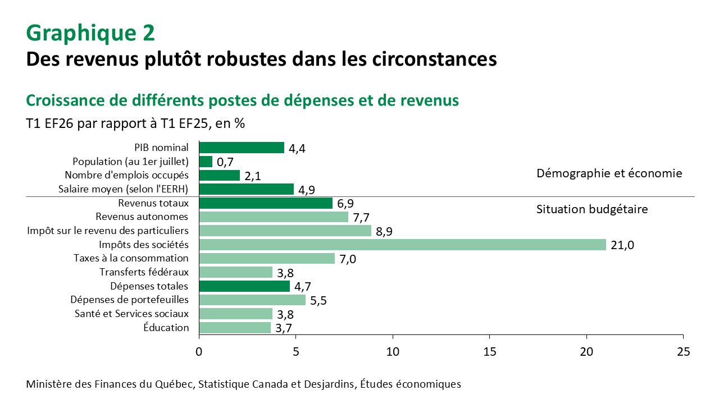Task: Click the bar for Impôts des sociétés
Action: click(402, 245)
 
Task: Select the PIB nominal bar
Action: click(242, 148)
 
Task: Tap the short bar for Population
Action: click(206, 162)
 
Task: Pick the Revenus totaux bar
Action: click(266, 203)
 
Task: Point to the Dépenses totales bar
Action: click(244, 286)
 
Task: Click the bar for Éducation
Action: click(235, 328)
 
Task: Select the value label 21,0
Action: click(623, 245)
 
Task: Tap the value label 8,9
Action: click(384, 231)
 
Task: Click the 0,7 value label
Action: click(225, 162)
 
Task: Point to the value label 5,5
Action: click(318, 301)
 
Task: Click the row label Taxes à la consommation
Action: click(131, 258)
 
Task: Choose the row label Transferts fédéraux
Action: click(144, 272)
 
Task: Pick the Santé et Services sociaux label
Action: click(131, 314)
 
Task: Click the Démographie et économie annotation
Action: click(609, 173)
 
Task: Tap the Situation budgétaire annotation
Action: click(592, 209)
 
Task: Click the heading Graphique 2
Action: click(90, 33)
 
